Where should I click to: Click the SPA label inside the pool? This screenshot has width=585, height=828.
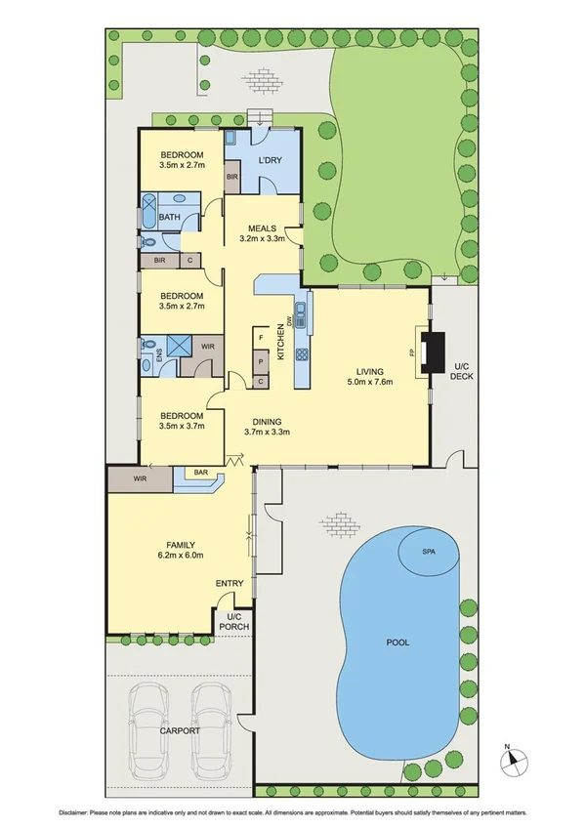tap(428, 553)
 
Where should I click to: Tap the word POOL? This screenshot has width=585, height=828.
tap(397, 642)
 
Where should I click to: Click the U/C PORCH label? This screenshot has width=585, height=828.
tap(232, 621)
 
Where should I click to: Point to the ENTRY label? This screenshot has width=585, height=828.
tap(230, 584)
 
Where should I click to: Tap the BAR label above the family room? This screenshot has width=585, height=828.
tap(201, 474)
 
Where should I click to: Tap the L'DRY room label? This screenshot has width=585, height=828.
tap(269, 159)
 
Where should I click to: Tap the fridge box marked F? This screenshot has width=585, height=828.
tap(261, 339)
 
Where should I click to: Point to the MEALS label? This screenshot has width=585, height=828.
tap(262, 228)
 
